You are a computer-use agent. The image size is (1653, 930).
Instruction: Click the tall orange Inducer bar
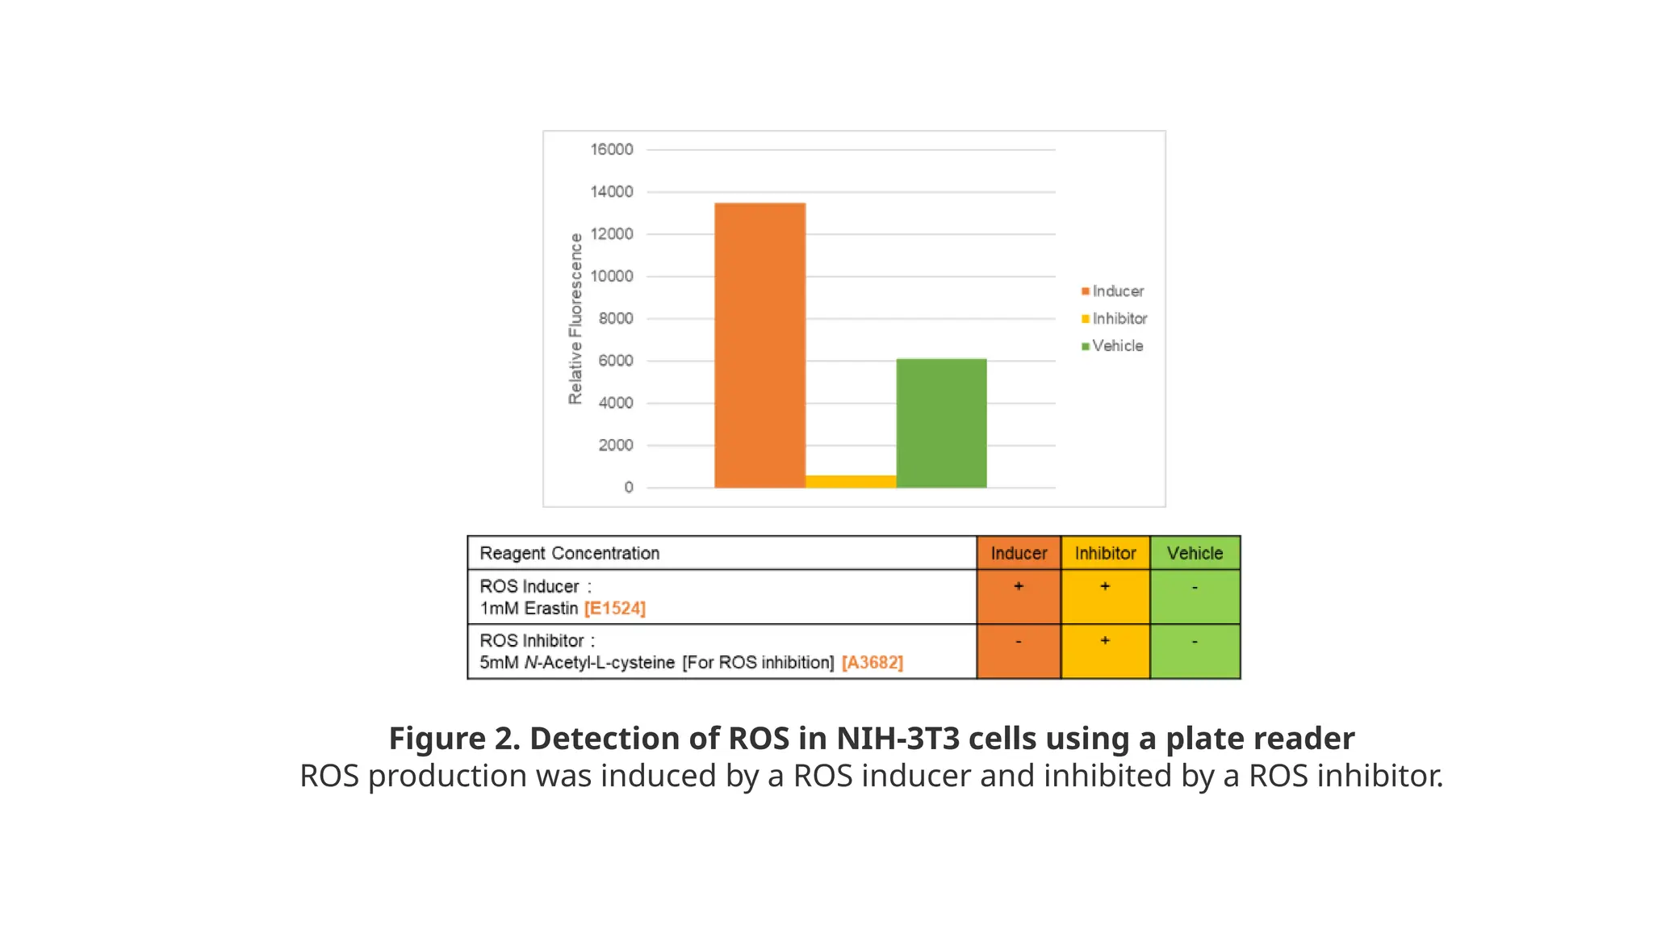point(760,346)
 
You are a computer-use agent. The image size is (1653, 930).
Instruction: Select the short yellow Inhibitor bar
point(851,481)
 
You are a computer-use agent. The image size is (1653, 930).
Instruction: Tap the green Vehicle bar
point(941,423)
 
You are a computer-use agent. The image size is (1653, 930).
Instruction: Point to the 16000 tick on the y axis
point(612,149)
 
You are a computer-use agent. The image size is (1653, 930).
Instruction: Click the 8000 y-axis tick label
point(616,318)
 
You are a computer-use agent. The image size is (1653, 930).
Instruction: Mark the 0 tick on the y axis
point(629,488)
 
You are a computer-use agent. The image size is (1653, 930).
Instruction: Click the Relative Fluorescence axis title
point(575,319)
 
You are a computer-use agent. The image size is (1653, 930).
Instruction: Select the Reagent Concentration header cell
point(569,553)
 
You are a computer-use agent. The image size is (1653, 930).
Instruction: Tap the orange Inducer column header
point(1019,553)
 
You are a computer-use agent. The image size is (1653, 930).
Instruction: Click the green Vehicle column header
point(1195,553)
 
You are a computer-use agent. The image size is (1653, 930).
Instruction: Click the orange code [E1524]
point(615,608)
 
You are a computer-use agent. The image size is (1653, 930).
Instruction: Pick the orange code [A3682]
point(872,662)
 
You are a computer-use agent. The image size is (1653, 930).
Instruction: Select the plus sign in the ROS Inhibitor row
point(1105,640)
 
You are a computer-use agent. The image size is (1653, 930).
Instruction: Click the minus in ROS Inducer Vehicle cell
point(1195,587)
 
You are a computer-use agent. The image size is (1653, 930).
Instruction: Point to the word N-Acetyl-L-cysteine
point(600,662)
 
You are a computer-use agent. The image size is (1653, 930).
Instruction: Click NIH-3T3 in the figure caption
point(897,738)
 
